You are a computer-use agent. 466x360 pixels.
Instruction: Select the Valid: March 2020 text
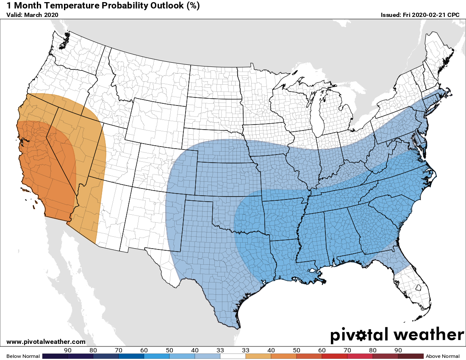tap(32, 15)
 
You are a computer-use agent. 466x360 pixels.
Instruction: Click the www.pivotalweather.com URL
tap(46, 342)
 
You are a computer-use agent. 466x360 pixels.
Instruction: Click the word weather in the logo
tap(429, 335)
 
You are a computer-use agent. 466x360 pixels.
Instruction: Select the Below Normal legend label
tap(23, 356)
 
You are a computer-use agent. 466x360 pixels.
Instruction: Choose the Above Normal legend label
tap(443, 356)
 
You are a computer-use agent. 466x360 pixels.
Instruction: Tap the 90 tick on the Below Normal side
tap(67, 350)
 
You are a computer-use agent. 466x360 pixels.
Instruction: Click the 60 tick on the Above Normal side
tap(322, 350)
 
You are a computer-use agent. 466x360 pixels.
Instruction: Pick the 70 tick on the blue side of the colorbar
tap(118, 350)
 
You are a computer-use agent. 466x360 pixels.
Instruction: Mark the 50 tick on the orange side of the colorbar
tap(296, 350)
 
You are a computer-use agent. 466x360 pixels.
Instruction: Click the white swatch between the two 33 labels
tap(233, 356)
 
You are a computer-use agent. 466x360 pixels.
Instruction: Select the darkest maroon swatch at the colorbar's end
tap(411, 356)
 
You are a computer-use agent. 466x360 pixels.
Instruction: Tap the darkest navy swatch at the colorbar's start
tap(55, 356)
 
